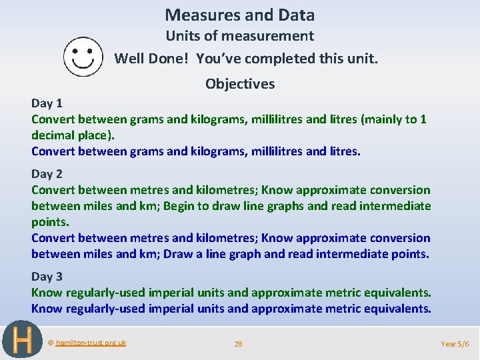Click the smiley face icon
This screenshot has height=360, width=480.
(x=83, y=57)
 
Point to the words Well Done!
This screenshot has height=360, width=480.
(x=153, y=59)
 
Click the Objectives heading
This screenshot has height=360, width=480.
(x=240, y=84)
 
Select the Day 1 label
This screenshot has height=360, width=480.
(x=47, y=103)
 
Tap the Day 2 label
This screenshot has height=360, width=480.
(x=47, y=174)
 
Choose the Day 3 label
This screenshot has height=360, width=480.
(x=47, y=277)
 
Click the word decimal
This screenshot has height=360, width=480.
(x=53, y=135)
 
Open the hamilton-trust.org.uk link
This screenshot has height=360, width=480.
(x=91, y=343)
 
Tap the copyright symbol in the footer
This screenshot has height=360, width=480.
(x=51, y=343)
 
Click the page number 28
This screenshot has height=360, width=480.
(x=238, y=344)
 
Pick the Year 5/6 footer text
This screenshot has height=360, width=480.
(x=455, y=344)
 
